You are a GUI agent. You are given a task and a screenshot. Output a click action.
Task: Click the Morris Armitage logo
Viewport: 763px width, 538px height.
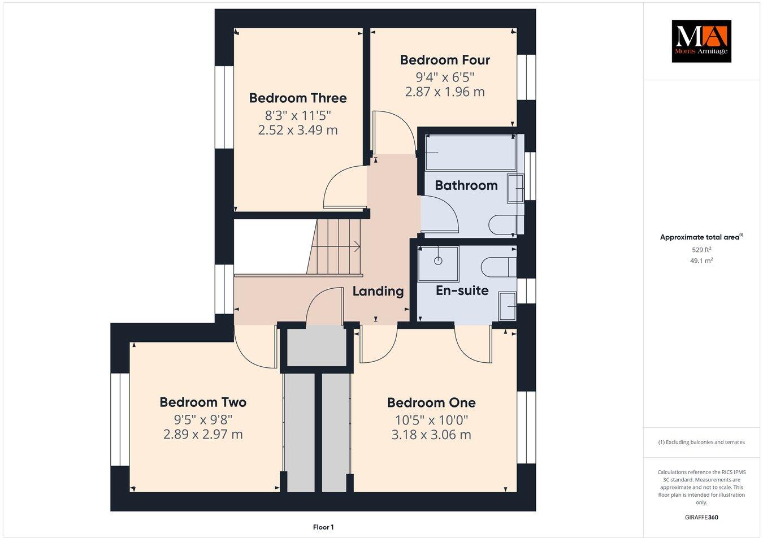[x=701, y=41]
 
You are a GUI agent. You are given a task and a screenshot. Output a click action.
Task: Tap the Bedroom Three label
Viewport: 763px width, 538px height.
[x=298, y=98]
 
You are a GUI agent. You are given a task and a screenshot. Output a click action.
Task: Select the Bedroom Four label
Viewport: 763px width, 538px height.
[x=445, y=60]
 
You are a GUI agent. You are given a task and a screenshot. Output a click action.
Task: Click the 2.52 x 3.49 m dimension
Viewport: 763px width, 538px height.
[x=298, y=130]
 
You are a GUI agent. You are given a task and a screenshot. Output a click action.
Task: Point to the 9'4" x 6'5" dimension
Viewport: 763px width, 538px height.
[x=445, y=76]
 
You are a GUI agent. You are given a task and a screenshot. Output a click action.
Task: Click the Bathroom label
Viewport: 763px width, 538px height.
[x=466, y=185]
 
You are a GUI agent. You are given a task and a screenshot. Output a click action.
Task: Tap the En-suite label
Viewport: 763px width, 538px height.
[x=462, y=290]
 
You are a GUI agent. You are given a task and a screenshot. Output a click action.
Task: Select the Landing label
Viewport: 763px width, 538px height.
[x=378, y=291]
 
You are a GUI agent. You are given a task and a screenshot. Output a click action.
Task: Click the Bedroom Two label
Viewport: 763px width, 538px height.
[x=203, y=402]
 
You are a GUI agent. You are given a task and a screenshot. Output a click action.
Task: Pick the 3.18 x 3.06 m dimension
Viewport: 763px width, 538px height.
[x=431, y=435]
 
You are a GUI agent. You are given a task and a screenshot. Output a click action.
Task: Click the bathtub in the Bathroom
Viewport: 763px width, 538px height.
[x=470, y=153]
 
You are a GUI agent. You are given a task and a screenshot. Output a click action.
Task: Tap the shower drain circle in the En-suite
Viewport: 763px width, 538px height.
[x=438, y=261]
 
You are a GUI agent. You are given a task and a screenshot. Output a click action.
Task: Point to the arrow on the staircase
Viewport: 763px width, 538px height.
[x=355, y=246]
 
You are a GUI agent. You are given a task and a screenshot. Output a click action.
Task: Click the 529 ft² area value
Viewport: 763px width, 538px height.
[x=701, y=249]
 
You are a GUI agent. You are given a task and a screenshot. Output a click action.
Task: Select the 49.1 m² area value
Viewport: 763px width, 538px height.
[x=701, y=261]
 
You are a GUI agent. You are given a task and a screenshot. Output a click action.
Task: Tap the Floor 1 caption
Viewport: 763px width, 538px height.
[x=323, y=527]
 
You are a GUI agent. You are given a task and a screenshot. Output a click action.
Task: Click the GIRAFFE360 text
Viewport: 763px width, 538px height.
[x=701, y=517]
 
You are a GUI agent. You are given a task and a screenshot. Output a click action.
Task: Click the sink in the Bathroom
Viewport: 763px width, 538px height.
[x=515, y=188]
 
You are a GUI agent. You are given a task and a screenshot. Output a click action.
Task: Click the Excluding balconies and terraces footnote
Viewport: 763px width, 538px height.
[x=701, y=442]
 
